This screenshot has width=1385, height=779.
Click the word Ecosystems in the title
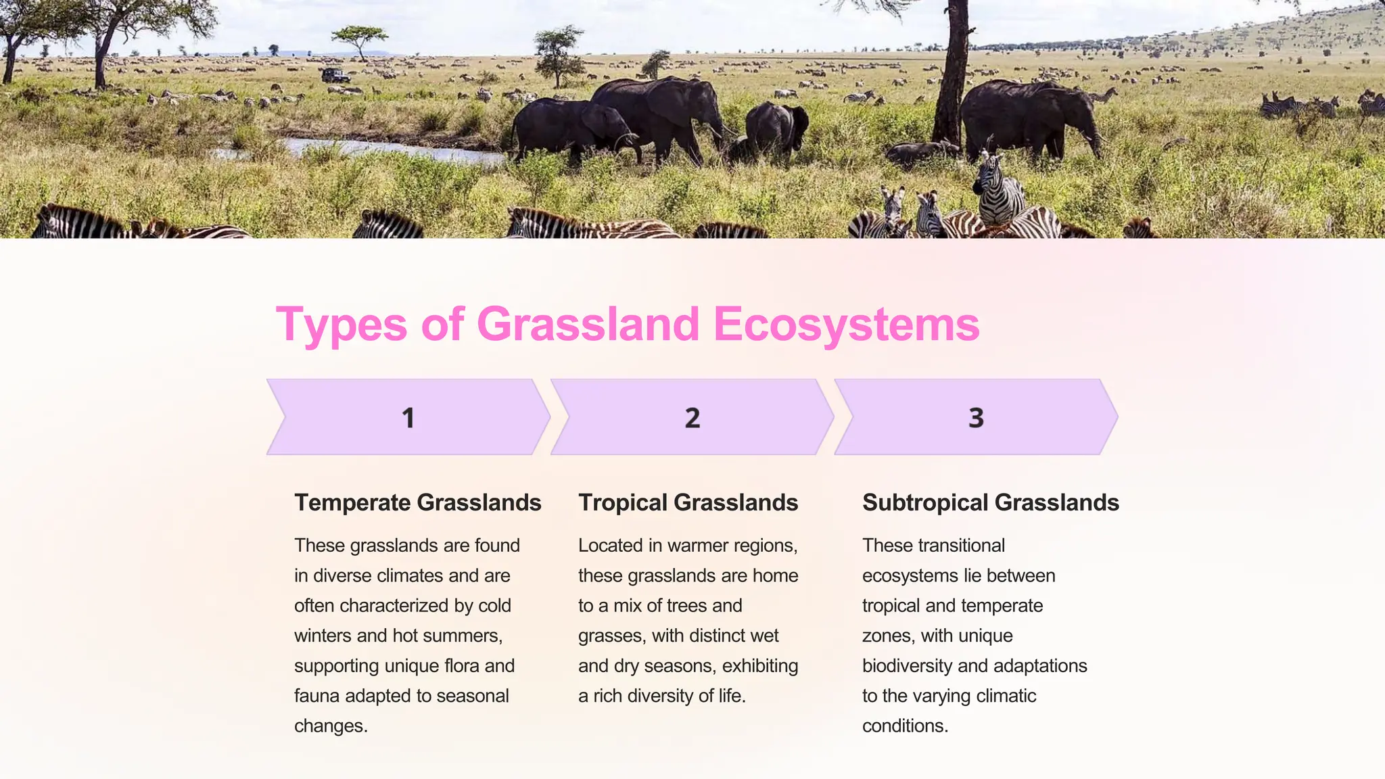point(845,325)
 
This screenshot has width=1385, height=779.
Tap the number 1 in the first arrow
point(408,418)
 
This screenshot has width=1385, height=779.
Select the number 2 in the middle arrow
point(692,418)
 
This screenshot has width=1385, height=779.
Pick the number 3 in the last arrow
point(976,418)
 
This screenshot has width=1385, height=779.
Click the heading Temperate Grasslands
point(417,502)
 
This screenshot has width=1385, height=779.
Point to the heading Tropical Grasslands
point(688,502)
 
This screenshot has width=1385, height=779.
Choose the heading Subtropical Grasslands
point(990,502)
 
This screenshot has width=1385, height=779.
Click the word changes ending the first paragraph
point(330,726)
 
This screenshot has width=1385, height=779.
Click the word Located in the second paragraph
point(609,546)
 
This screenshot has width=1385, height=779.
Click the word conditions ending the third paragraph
point(904,726)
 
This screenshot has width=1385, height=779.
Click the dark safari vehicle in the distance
point(335,76)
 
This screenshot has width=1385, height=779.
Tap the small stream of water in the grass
point(392,150)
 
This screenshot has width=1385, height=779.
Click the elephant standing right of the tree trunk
point(1028,118)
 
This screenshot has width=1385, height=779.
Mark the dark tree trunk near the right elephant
point(954,74)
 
